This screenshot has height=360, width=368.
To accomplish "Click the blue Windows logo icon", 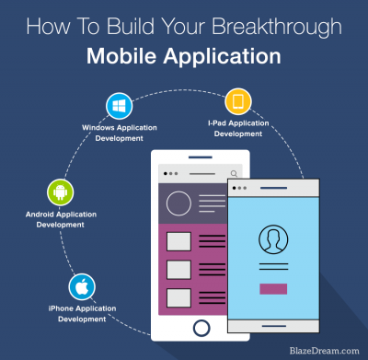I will (119, 103).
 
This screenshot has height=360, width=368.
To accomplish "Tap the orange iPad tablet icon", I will (237, 100).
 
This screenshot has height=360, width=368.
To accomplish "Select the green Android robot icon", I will (61, 192).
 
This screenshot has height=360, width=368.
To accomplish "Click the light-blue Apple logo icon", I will (81, 285).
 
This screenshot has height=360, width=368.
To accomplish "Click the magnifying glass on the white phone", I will (235, 173).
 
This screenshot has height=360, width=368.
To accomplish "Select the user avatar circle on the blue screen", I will (272, 239).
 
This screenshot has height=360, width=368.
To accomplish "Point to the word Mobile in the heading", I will (120, 56).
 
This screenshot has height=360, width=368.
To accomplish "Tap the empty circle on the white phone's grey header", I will (178, 203).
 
